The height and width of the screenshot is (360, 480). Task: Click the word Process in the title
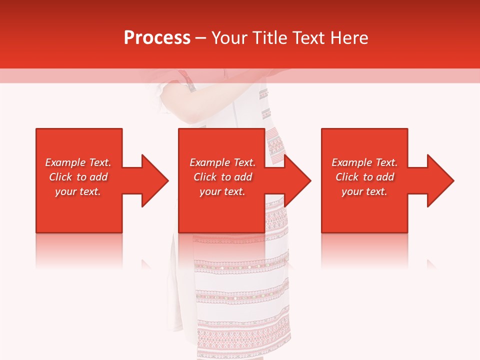coord(157,38)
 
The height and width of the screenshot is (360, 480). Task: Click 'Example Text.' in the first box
coord(78,162)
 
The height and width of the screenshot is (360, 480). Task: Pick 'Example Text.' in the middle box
coord(222,162)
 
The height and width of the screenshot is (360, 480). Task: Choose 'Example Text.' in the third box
coord(364,162)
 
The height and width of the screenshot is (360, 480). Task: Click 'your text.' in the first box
coord(78,191)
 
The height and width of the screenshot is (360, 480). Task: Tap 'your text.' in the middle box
coord(222,191)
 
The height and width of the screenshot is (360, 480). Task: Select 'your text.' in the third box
coord(364,191)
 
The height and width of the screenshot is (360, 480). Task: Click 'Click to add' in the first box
coord(78,177)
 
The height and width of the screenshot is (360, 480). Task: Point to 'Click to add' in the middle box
coord(222,177)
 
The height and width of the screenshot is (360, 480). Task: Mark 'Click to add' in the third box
coord(364,177)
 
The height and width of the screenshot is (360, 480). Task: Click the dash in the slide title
coord(200,38)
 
